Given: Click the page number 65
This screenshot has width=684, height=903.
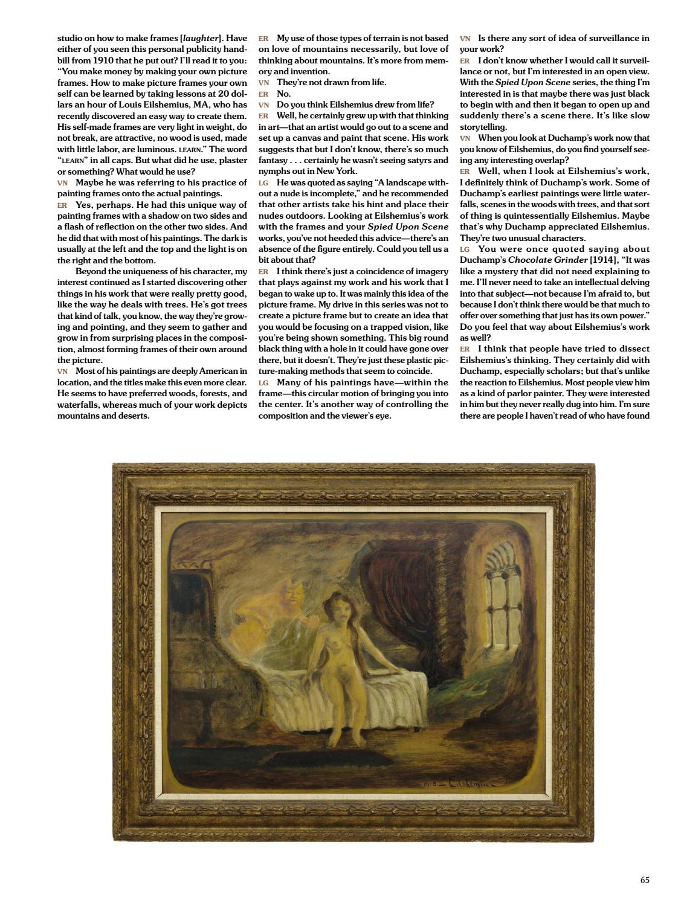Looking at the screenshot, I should (x=644, y=880).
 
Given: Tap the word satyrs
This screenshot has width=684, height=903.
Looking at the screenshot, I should (x=432, y=160).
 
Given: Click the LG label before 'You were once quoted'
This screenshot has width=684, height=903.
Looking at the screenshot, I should (x=465, y=249).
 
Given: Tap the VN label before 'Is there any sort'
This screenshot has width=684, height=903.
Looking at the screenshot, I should (x=465, y=38).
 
